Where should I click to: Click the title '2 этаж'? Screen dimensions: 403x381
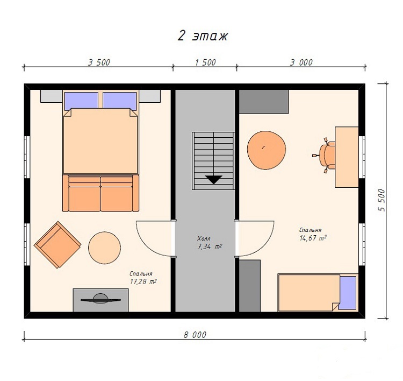click(x=203, y=36)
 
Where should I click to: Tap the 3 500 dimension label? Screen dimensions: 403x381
click(x=99, y=62)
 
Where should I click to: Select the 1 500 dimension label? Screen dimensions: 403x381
click(x=205, y=62)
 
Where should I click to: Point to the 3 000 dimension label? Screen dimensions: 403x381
click(x=301, y=62)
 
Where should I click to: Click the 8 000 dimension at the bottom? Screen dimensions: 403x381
click(x=195, y=335)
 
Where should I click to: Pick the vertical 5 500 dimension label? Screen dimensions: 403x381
click(x=382, y=200)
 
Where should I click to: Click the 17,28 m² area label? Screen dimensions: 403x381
click(x=143, y=281)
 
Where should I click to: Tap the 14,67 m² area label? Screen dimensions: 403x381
click(x=313, y=238)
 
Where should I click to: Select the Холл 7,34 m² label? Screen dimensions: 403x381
click(x=209, y=243)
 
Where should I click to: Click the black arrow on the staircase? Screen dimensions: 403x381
click(x=213, y=179)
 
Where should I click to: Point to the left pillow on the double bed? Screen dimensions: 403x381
click(x=81, y=101)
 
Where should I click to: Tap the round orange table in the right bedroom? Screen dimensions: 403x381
click(x=267, y=150)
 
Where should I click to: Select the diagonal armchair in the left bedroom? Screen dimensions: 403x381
click(x=57, y=244)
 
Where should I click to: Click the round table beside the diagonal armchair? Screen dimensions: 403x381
click(x=105, y=248)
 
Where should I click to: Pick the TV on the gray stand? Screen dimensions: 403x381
click(x=101, y=299)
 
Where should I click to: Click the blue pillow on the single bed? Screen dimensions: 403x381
click(x=348, y=293)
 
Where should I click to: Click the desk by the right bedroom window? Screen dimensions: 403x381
click(x=347, y=157)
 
